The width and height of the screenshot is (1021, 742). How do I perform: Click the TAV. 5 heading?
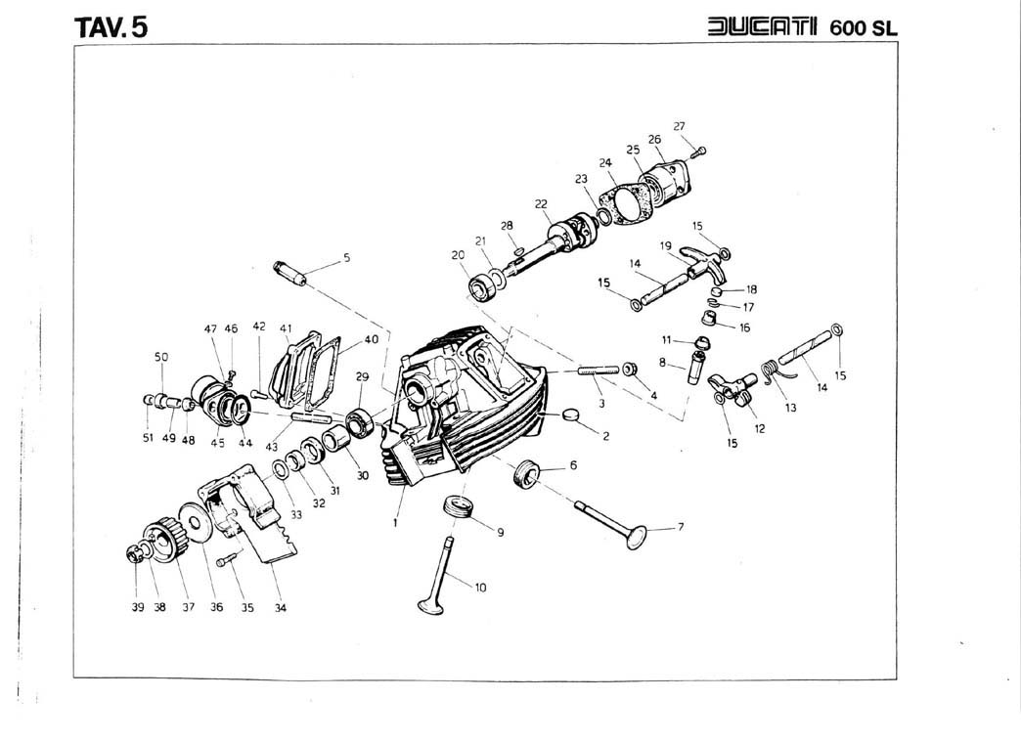(x=111, y=25)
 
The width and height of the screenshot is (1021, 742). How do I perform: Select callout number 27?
(x=679, y=126)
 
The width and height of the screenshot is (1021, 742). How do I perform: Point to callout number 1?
(x=394, y=522)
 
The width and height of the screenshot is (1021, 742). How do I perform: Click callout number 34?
(x=280, y=607)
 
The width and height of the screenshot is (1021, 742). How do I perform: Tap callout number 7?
(x=681, y=528)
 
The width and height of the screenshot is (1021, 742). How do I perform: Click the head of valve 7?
(x=638, y=537)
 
